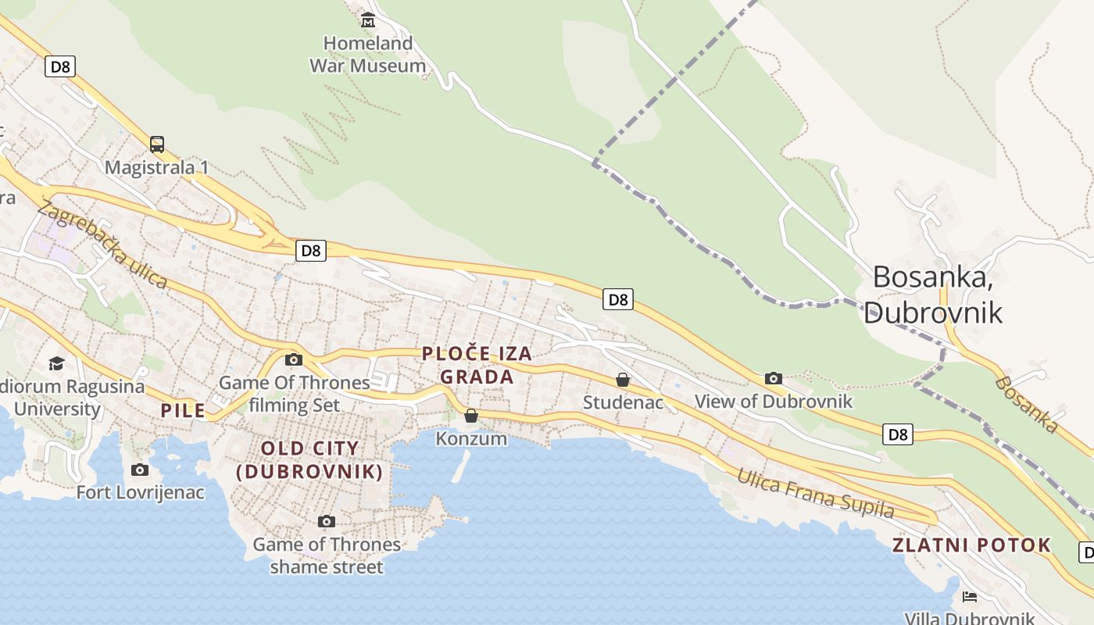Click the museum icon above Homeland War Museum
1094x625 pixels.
(x=368, y=19)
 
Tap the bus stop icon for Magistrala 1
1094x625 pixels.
(x=157, y=144)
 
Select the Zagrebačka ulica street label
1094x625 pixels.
(x=102, y=243)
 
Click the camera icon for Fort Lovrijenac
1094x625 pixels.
(x=140, y=470)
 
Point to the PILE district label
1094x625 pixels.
(x=183, y=410)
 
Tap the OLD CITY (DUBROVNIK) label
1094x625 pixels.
(x=310, y=460)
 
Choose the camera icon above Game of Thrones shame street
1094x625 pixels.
(x=327, y=521)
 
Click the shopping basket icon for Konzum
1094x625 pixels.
(x=470, y=416)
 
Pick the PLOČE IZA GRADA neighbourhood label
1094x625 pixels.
(x=477, y=365)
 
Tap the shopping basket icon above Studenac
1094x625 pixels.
(x=623, y=380)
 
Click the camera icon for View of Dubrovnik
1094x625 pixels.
(x=774, y=378)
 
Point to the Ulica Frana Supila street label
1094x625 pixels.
(x=815, y=494)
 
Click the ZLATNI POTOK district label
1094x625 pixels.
(x=972, y=545)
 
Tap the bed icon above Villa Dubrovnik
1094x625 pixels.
(x=970, y=597)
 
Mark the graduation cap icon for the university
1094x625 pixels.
(x=56, y=363)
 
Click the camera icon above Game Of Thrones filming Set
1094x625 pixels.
(x=294, y=359)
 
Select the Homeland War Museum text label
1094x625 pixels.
(x=368, y=55)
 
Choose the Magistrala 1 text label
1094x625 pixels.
(x=156, y=167)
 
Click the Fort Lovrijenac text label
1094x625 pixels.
(x=140, y=492)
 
